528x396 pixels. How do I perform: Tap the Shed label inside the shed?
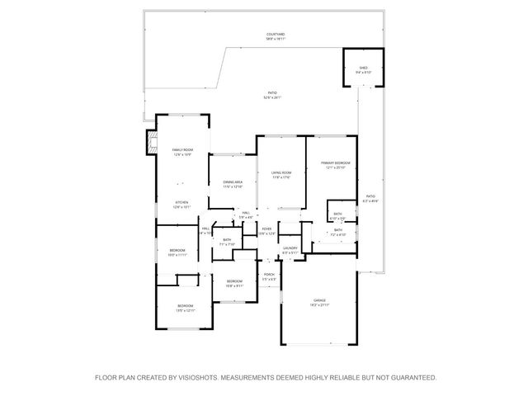363,68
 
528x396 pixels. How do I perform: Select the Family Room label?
181,149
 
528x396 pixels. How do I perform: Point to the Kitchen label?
181,202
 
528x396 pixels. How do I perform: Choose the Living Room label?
281,172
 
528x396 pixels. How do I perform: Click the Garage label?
319,300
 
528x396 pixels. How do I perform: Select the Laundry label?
290,247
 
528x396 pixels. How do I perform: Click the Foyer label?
266,229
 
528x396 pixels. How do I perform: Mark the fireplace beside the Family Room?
150,141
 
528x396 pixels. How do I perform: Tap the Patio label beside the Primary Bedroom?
369,196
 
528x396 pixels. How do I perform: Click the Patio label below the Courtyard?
272,93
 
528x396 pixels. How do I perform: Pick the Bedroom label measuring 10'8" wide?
233,281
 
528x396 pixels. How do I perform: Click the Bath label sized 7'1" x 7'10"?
228,240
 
